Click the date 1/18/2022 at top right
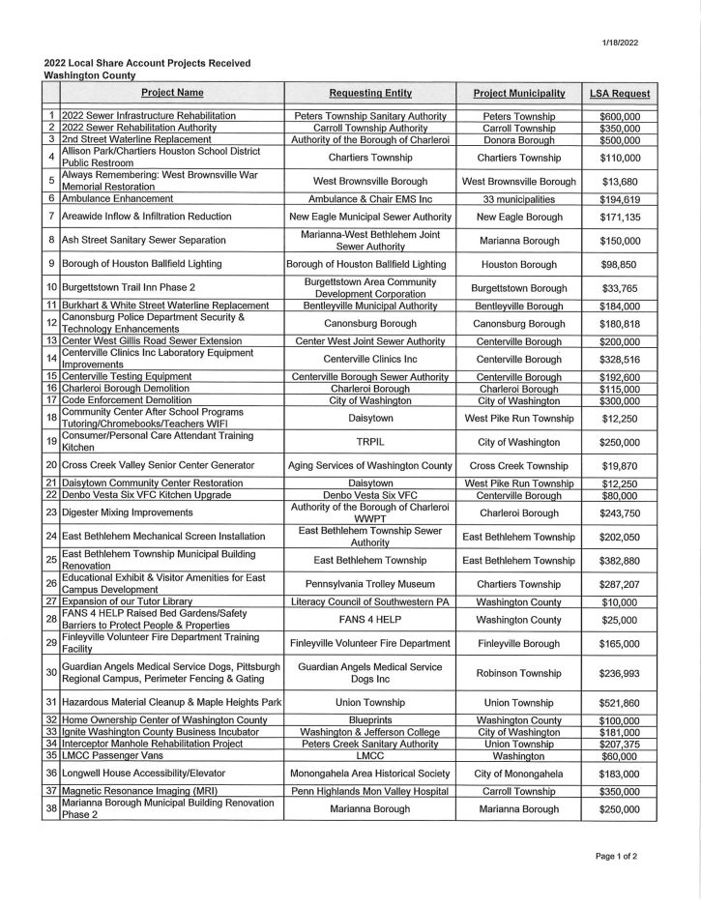point(622,43)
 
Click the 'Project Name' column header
point(172,93)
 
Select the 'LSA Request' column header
point(620,93)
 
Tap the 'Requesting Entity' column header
point(370,93)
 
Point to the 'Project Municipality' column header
point(518,93)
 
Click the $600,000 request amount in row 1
point(620,116)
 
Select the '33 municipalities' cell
point(518,198)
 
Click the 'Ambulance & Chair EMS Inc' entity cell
point(370,198)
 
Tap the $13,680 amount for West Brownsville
point(620,181)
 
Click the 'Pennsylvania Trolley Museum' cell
point(370,584)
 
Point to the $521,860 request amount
point(620,701)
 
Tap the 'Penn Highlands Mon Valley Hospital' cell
point(370,791)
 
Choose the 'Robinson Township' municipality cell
point(518,673)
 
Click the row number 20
point(50,466)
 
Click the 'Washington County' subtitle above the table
point(90,74)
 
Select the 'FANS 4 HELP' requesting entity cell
point(370,619)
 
